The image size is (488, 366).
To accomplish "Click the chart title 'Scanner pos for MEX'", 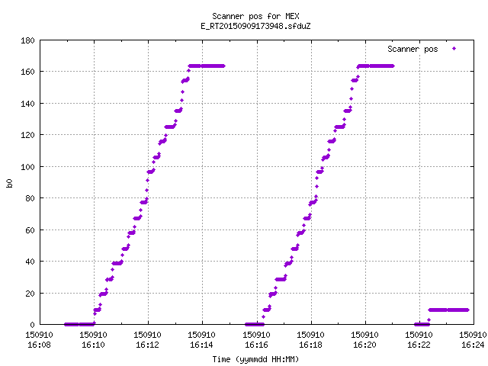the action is tap(255, 16).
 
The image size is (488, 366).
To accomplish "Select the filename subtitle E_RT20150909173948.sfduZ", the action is tap(255, 26).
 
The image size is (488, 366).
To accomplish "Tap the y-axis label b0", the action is tap(9, 183).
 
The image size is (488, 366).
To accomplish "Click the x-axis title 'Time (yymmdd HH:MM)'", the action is tap(255, 359).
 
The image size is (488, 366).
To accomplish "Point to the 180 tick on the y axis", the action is tap(27, 40).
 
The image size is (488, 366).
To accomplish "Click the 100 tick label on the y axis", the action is tap(27, 167).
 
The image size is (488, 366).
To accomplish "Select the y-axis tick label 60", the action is tap(30, 230).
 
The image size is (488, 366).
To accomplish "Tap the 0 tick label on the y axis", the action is tap(32, 325).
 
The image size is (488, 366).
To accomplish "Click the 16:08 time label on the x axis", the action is tap(39, 345).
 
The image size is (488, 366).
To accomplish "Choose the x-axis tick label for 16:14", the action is tap(201, 345).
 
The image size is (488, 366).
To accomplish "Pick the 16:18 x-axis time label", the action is tap(310, 345).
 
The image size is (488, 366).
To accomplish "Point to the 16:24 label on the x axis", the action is tap(473, 345).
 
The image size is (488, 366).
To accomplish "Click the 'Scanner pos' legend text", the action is tap(413, 49).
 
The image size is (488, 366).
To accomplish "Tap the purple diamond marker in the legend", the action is tap(454, 49).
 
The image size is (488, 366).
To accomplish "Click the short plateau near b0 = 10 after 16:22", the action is tap(448, 310).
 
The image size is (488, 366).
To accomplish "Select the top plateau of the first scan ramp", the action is tap(207, 66).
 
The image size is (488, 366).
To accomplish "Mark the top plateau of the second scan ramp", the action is tap(376, 66).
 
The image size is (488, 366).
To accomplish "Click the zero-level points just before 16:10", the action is tap(79, 324).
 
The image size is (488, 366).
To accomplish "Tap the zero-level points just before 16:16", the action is tap(255, 324).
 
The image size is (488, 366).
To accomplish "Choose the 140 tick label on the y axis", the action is tap(27, 104).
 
